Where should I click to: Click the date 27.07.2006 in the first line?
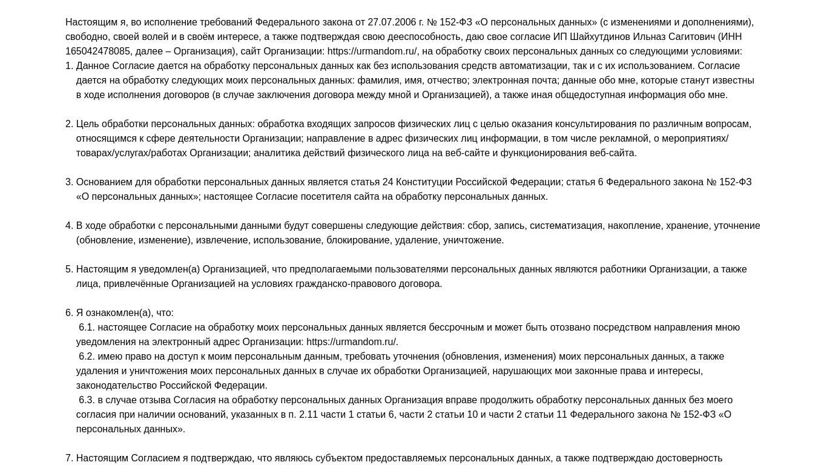[392, 22]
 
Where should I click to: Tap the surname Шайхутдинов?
[600, 37]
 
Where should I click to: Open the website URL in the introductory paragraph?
[372, 51]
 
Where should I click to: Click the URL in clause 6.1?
[352, 342]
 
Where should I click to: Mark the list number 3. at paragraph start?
[69, 182]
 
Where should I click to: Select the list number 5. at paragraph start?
[69, 269]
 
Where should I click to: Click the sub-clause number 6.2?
[87, 357]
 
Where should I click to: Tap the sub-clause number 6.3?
[87, 400]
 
